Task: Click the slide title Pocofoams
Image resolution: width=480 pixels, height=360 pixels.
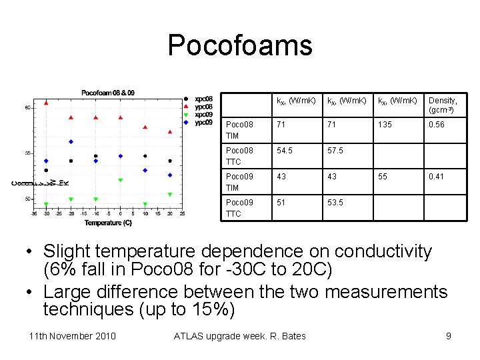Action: tap(240, 45)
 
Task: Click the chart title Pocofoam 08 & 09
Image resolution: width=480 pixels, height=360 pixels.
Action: tap(108, 92)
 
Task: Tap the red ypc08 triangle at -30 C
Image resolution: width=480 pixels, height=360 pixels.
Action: tap(46, 103)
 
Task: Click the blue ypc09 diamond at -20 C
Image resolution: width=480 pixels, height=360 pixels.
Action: tap(71, 141)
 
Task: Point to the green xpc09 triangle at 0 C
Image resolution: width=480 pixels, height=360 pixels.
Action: tap(121, 180)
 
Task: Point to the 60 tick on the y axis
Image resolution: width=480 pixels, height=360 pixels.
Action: tap(27, 107)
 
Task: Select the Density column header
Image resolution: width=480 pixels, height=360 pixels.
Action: tap(443, 105)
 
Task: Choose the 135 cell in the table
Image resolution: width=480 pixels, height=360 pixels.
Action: tap(385, 125)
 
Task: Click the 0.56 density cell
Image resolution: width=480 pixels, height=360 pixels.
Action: tap(437, 125)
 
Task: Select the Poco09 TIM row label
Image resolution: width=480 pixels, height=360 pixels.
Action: tap(239, 182)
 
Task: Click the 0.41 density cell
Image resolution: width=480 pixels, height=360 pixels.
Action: tap(437, 177)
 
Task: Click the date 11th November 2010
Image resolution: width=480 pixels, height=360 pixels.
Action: tap(73, 335)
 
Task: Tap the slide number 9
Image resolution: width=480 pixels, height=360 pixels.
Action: tap(449, 335)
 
